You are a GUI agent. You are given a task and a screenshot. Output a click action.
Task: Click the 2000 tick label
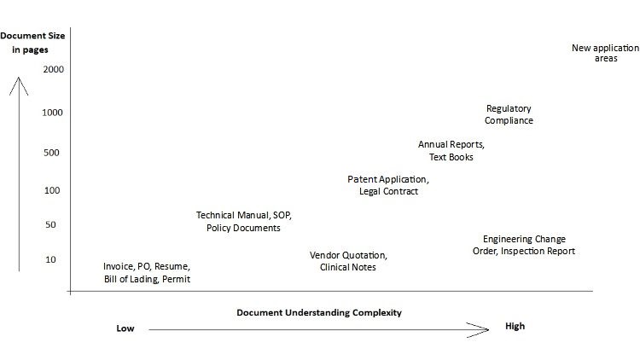pos(54,69)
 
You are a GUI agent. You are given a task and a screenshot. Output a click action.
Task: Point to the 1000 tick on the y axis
pos(52,113)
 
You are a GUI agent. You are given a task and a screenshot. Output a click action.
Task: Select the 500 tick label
pos(51,153)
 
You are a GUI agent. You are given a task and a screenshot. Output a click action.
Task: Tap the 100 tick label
pos(52,190)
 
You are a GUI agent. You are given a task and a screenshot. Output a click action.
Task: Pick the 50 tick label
pos(50,224)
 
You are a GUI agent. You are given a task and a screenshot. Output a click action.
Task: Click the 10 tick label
pos(50,259)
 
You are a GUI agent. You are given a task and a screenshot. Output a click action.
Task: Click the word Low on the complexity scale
pos(125,328)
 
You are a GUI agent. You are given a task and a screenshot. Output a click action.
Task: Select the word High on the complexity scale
pos(515,326)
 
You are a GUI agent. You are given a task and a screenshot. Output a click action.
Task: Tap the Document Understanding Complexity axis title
pos(319,312)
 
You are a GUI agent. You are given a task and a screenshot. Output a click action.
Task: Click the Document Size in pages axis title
pos(32,43)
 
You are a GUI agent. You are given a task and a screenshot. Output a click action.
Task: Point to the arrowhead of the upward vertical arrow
pos(19,78)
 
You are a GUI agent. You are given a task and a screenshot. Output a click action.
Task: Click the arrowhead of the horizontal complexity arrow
pos(488,330)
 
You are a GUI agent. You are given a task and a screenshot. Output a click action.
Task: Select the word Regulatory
pos(509,108)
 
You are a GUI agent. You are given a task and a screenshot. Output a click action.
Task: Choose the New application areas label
pos(605,53)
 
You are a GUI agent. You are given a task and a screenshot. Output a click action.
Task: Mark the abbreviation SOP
pos(282,215)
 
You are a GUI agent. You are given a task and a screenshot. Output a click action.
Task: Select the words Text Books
pos(451,157)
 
